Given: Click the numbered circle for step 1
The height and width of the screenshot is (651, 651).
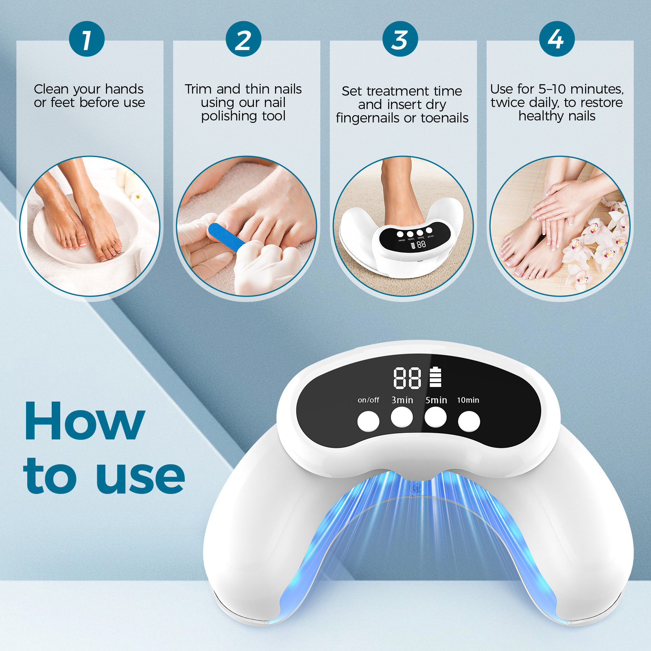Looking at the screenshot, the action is tap(87, 39).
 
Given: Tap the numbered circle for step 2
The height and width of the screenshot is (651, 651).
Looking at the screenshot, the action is tap(243, 39).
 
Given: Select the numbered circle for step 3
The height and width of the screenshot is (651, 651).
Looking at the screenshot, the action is tap(400, 39).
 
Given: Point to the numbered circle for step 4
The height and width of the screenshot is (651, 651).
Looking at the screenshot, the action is tap(557, 39).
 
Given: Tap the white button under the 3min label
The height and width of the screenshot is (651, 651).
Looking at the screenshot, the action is tap(402, 417).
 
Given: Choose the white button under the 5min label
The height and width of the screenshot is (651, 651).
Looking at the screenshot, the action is tap(435, 417).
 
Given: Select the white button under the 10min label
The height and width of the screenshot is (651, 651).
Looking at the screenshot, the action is tap(469, 421).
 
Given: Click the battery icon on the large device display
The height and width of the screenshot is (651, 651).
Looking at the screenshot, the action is tap(435, 377).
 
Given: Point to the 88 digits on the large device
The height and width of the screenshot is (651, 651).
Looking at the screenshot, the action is tap(407, 378).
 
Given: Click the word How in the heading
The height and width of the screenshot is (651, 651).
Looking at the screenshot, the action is tap(85, 421).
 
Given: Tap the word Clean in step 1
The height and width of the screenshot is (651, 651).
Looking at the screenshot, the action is tap(51, 89).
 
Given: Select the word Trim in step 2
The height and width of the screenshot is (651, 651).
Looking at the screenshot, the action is tap(199, 89).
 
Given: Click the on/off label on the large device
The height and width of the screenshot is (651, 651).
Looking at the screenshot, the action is tap(368, 400).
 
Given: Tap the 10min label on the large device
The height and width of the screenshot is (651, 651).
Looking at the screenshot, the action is tap(468, 400).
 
